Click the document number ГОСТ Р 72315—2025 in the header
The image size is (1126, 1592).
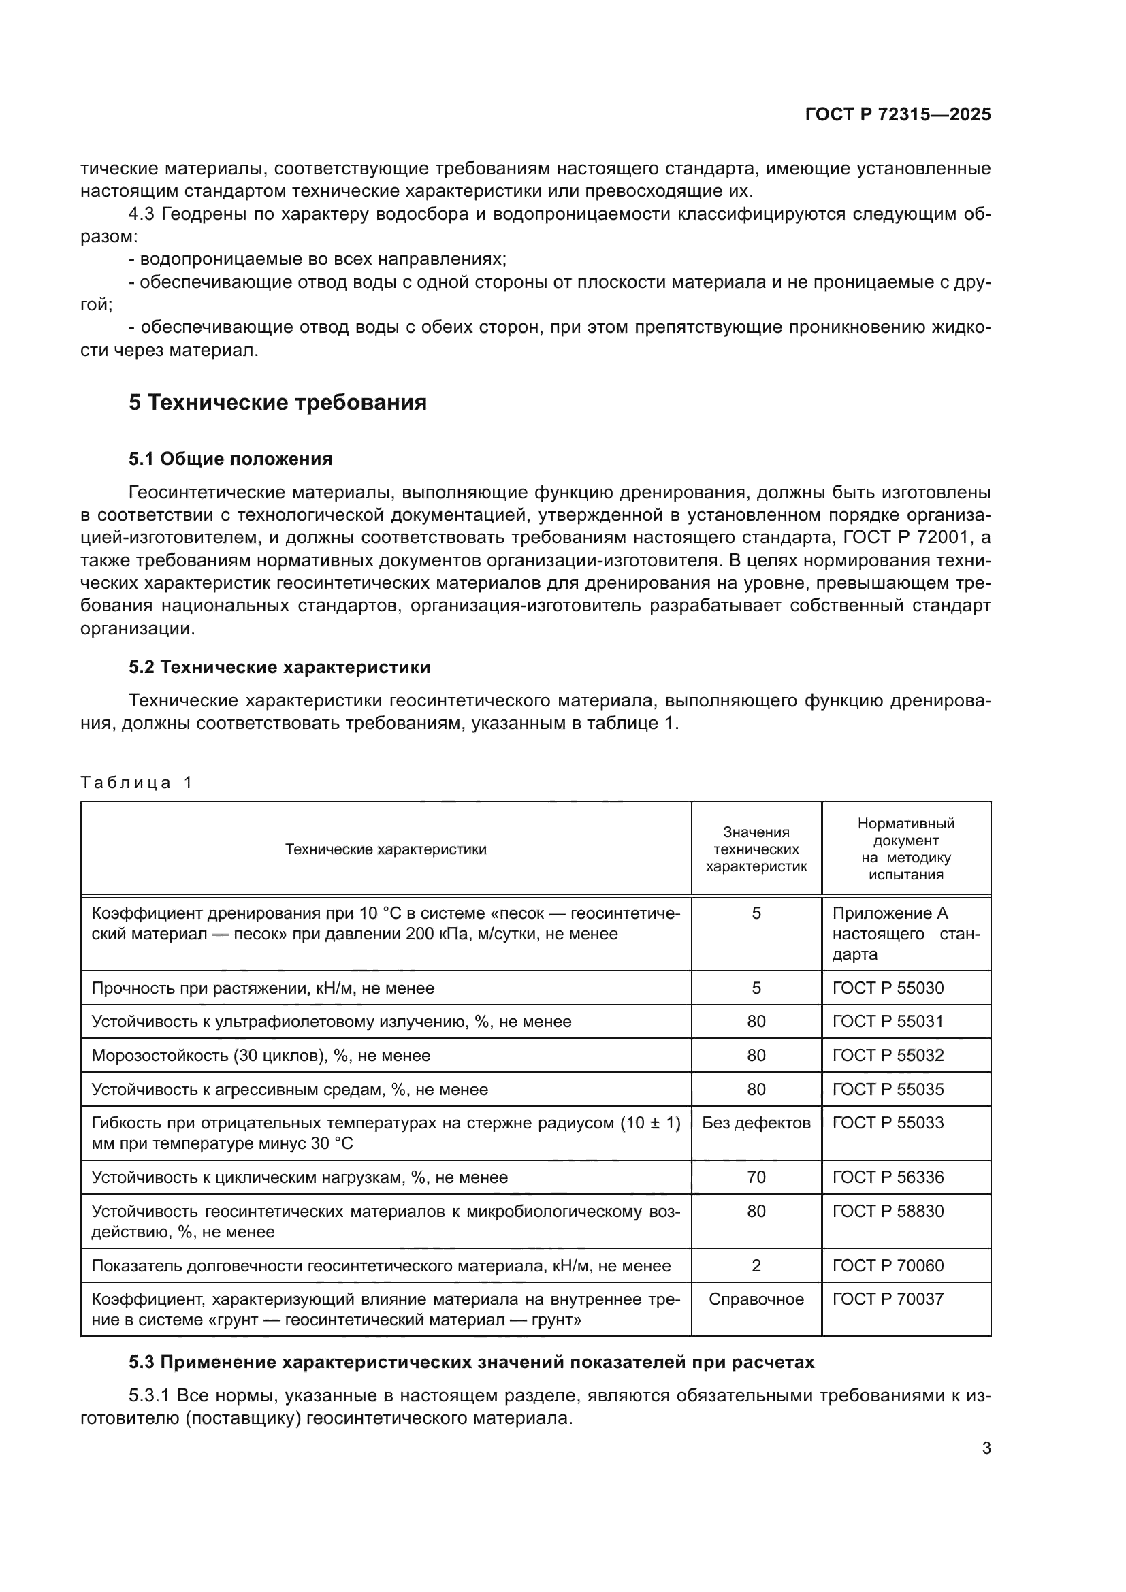tap(897, 114)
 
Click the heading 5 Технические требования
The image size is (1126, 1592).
tap(277, 403)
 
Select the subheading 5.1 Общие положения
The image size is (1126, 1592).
tap(230, 459)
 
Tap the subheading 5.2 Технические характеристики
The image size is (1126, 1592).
tap(278, 667)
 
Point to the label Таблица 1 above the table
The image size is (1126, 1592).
tap(136, 783)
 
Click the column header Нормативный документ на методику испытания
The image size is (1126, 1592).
tap(905, 849)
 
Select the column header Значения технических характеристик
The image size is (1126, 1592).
tap(756, 849)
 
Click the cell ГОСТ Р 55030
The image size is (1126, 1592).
tap(888, 988)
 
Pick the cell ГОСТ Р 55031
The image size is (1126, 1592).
tap(888, 1022)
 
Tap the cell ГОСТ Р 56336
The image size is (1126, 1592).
tap(888, 1177)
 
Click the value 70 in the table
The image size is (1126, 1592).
tap(756, 1177)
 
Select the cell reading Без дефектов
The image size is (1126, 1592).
tap(756, 1122)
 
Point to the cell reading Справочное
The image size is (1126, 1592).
tap(756, 1299)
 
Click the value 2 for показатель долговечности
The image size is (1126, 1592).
tap(756, 1266)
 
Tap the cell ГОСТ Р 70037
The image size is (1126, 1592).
tap(888, 1299)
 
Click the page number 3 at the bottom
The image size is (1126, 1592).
tap(986, 1448)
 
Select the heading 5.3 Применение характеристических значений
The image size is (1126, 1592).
tap(471, 1363)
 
